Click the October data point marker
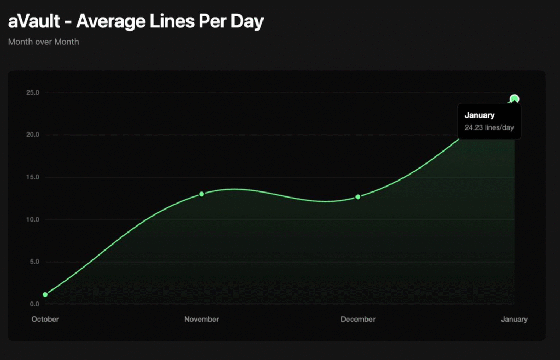pos(45,294)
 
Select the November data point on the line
pos(201,194)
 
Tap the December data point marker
pos(358,197)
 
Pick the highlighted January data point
pos(514,99)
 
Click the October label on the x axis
pos(45,319)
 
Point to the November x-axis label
pos(201,319)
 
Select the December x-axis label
pos(358,319)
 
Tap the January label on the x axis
pos(514,319)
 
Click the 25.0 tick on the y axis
pos(33,92)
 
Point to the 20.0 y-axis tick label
pos(33,135)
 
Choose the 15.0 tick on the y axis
pos(33,177)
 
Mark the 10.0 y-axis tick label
pos(33,219)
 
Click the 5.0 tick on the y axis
pos(34,262)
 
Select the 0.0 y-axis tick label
pos(34,304)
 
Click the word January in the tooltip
pos(480,115)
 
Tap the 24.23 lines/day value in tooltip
pos(489,128)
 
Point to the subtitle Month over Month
pos(44,42)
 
